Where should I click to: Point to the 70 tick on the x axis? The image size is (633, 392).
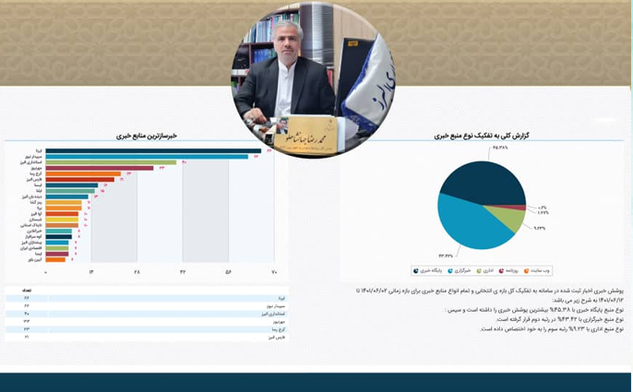click(x=273, y=273)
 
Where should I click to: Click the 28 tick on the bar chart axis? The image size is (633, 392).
click(x=137, y=273)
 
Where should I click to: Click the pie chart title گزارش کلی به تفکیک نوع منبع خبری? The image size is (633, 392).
click(x=481, y=136)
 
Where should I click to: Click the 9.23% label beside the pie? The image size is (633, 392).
click(x=540, y=228)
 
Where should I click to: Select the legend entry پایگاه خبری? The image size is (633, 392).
click(x=430, y=270)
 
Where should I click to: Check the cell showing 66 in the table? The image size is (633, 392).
click(x=26, y=298)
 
